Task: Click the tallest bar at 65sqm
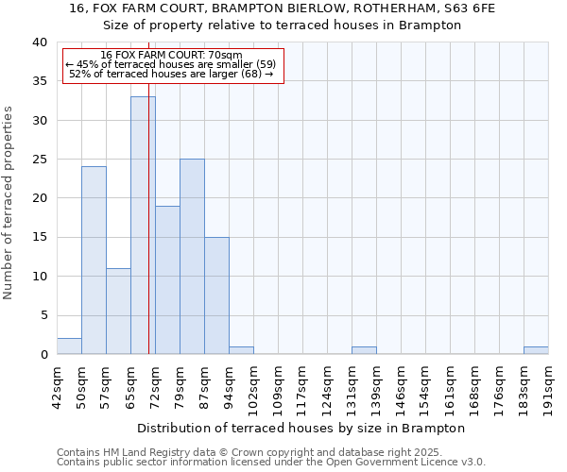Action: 143,226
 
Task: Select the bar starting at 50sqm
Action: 94,261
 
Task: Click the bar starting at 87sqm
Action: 216,295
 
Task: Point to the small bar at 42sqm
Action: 69,346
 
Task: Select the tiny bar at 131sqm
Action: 364,350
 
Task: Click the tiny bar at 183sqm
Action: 536,350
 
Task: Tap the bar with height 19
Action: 167,280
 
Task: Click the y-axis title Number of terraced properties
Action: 9,202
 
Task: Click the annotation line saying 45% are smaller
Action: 171,64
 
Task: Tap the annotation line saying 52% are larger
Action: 171,74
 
